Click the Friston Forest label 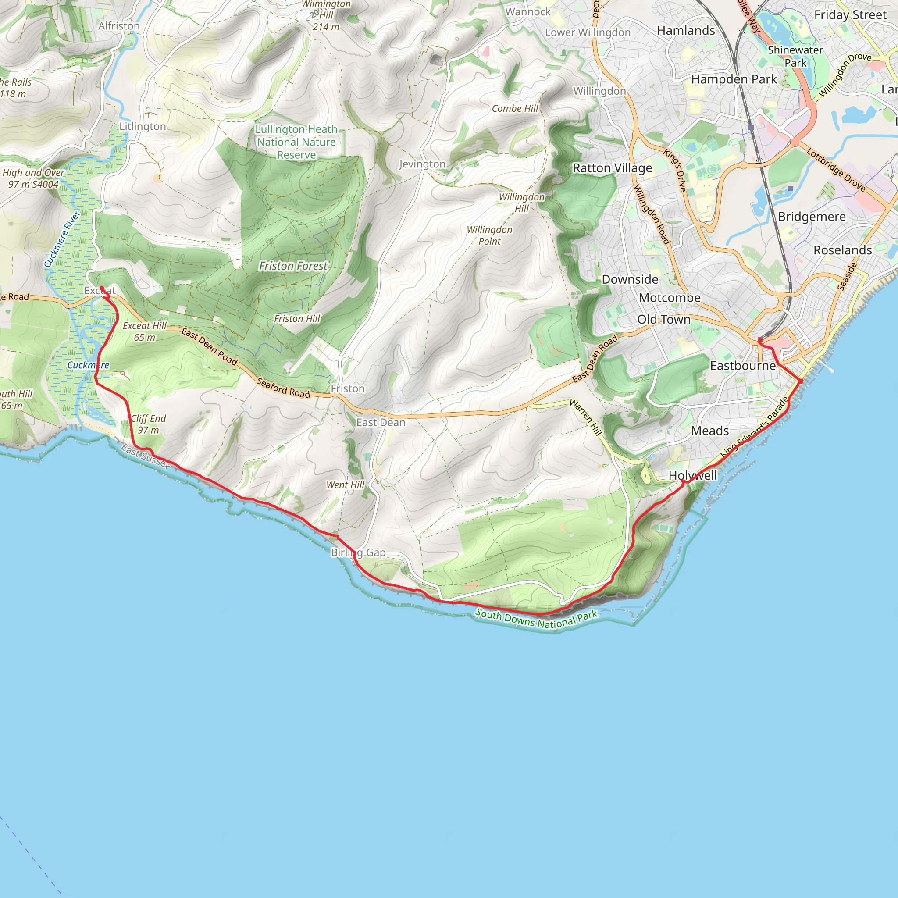point(293,266)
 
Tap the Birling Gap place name point(358,552)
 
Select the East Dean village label point(381,423)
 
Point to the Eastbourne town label point(743,366)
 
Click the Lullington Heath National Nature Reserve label point(296,142)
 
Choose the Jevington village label point(422,164)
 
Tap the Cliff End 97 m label point(148,424)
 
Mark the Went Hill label point(346,485)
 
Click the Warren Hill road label point(586,417)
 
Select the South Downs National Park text point(536,619)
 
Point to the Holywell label point(692,475)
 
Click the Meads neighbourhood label point(710,431)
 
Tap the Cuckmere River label point(62,239)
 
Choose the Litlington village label point(142,126)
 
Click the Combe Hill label point(515,109)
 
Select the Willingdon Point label point(489,235)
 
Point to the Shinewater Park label point(795,56)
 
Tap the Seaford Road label point(283,388)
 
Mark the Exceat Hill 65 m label point(145,331)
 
